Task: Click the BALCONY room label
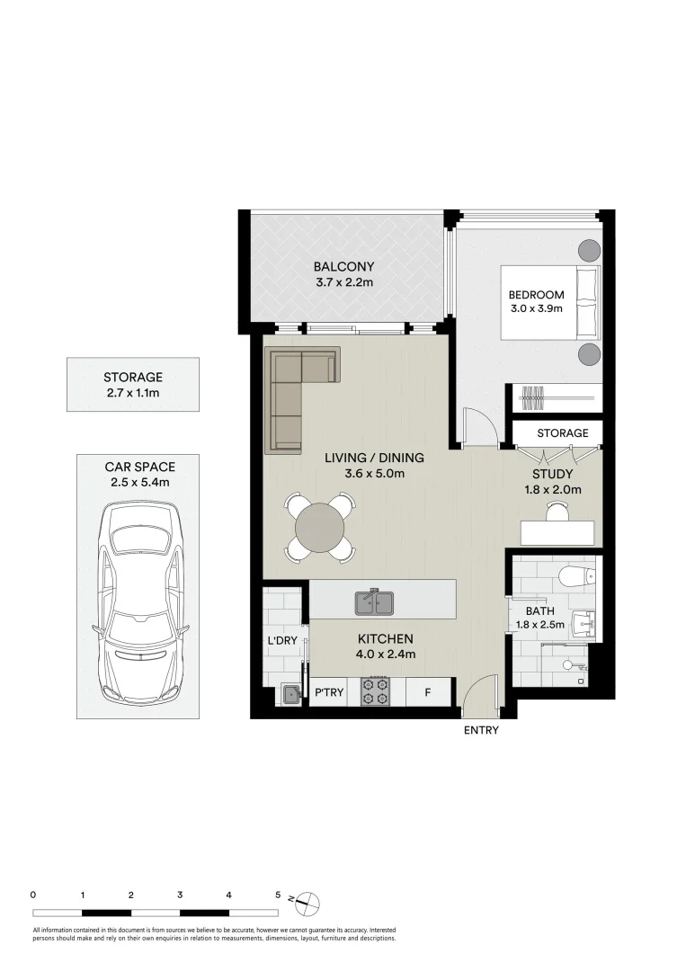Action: [343, 267]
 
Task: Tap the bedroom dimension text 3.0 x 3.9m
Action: [536, 309]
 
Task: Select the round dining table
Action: [319, 526]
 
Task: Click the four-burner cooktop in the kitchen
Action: [375, 691]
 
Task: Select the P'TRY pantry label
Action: [325, 693]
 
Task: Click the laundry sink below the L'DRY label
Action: [290, 693]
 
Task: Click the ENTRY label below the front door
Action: [481, 731]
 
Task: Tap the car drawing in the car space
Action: [138, 603]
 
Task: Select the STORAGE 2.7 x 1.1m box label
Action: [133, 378]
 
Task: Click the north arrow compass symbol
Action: [307, 901]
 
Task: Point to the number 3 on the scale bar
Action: [181, 895]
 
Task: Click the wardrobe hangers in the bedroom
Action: [533, 396]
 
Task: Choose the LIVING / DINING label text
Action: [374, 458]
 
